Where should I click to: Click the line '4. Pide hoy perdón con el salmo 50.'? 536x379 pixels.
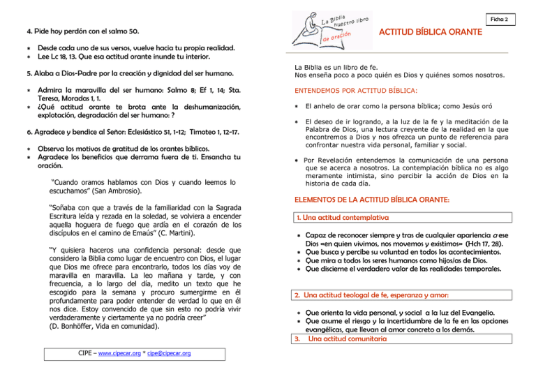click(82, 31)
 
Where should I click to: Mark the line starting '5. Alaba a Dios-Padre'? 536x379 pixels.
click(126, 73)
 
